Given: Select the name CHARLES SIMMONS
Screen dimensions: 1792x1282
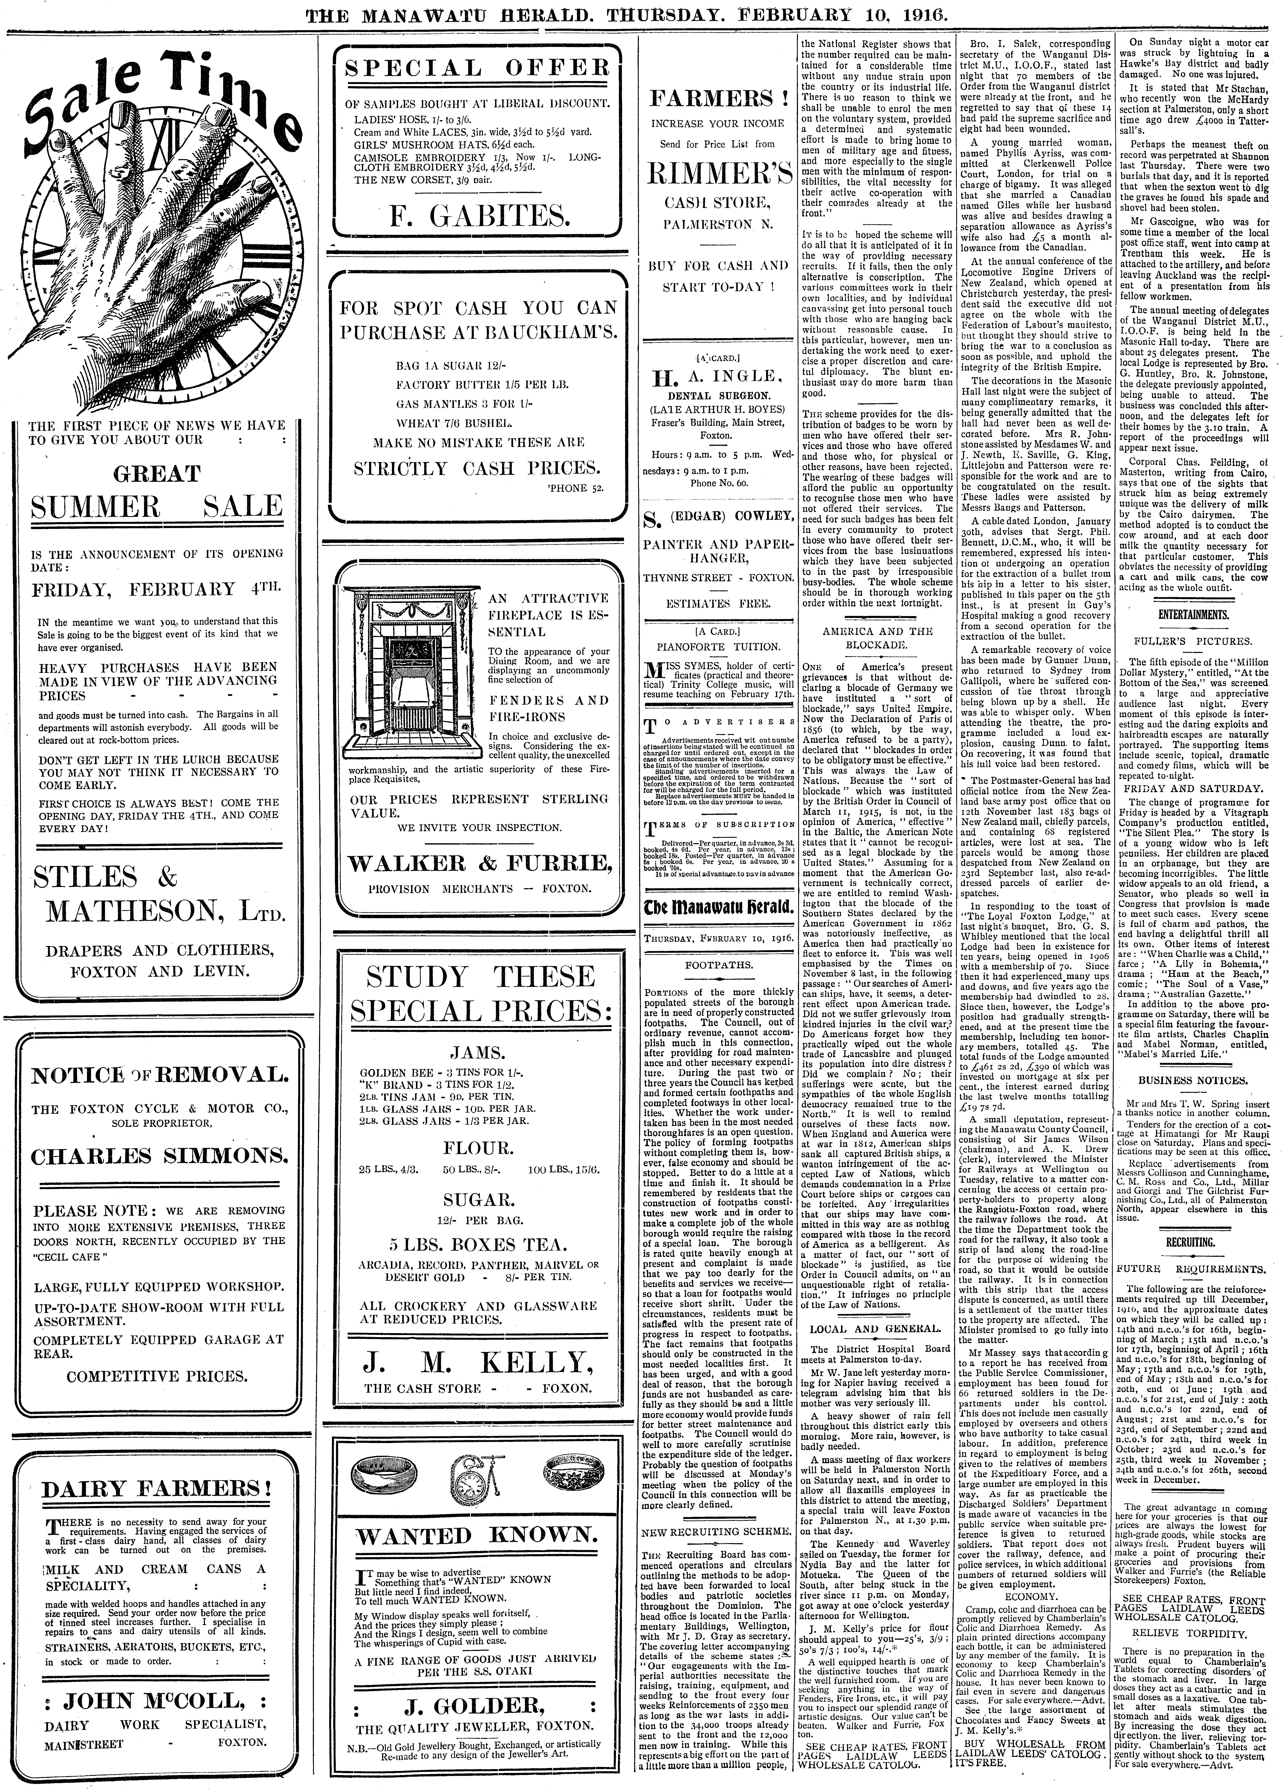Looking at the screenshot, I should click(x=159, y=1156).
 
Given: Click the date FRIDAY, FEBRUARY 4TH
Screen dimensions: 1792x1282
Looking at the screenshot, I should click(x=155, y=589).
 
